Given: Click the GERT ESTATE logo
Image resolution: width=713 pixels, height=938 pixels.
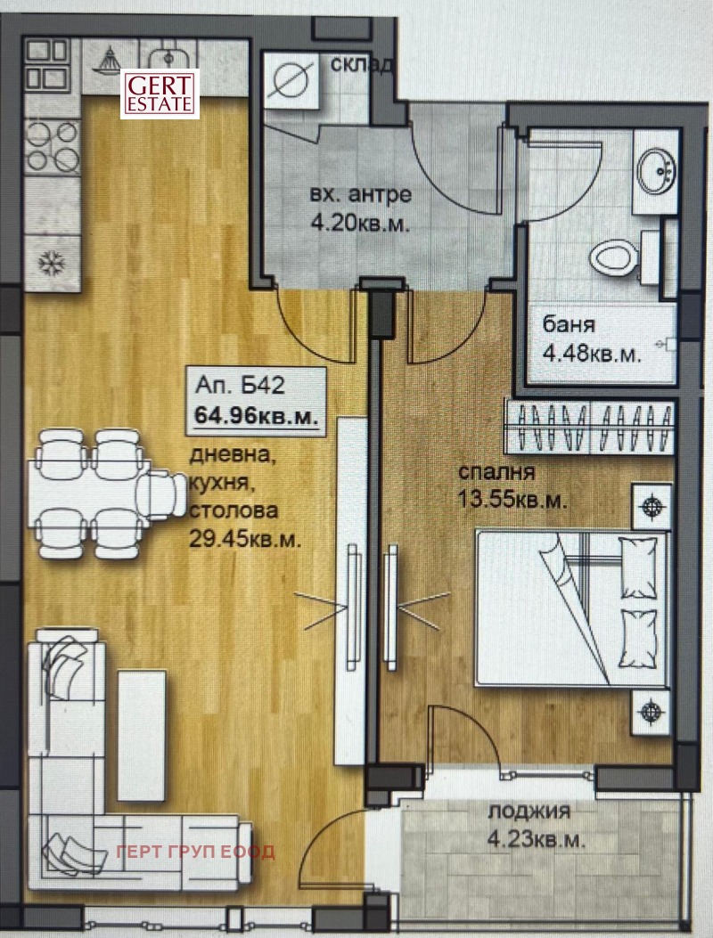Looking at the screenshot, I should click(x=160, y=93).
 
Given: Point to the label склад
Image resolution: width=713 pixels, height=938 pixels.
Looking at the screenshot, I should click(x=360, y=65).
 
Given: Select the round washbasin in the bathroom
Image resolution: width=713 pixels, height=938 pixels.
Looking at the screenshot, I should click(x=659, y=168).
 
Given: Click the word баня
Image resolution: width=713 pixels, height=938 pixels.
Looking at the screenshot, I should click(x=569, y=325).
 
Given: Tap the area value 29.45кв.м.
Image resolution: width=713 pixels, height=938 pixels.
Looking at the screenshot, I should click(x=243, y=537).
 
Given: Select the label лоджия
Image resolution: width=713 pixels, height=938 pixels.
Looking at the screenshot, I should click(x=529, y=812).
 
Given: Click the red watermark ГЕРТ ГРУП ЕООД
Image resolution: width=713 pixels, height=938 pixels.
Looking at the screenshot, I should click(x=196, y=851).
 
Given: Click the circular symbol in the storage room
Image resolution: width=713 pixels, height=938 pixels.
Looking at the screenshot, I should click(x=291, y=80).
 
